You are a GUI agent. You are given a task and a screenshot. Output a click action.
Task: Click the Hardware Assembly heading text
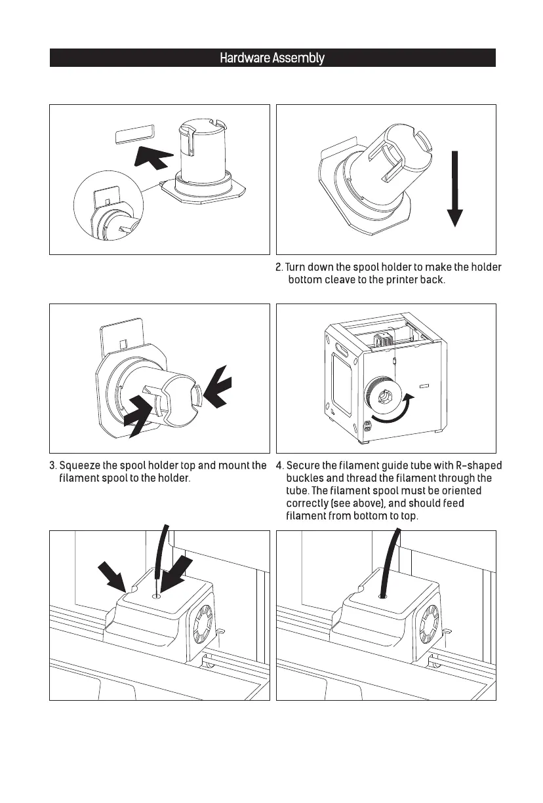tap(271, 58)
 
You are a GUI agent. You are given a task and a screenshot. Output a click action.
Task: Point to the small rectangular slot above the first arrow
tap(133, 135)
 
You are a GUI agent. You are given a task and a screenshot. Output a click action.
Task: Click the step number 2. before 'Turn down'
tap(278, 267)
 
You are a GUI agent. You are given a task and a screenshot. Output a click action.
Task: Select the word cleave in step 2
tap(356, 281)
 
